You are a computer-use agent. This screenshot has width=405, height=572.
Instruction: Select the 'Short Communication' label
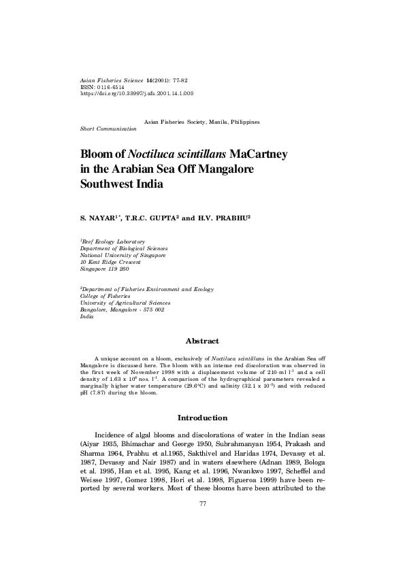tap(108, 129)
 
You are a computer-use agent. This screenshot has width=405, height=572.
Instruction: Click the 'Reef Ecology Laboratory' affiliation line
tap(113, 241)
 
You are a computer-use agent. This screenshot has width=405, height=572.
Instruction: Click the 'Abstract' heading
tap(202, 341)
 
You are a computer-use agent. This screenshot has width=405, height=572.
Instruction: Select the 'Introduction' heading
tap(202, 418)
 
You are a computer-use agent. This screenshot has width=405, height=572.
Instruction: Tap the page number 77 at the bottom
tap(202, 503)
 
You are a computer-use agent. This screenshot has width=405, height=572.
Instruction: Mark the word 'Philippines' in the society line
tap(244, 122)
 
